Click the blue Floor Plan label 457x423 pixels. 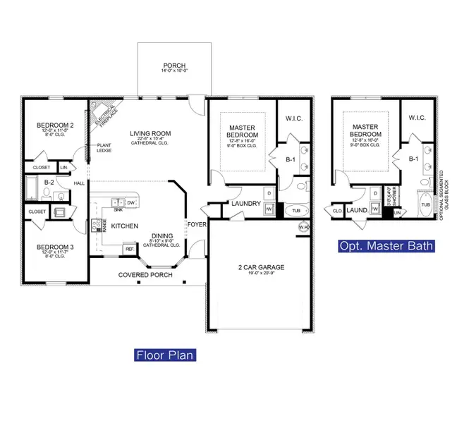164,355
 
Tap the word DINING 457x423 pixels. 162,237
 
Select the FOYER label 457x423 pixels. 195,224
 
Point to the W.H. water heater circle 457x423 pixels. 304,227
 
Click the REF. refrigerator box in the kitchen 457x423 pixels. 130,248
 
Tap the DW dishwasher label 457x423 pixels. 131,202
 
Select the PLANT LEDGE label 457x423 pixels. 103,149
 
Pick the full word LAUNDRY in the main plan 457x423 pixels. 246,204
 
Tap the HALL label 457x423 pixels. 80,183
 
